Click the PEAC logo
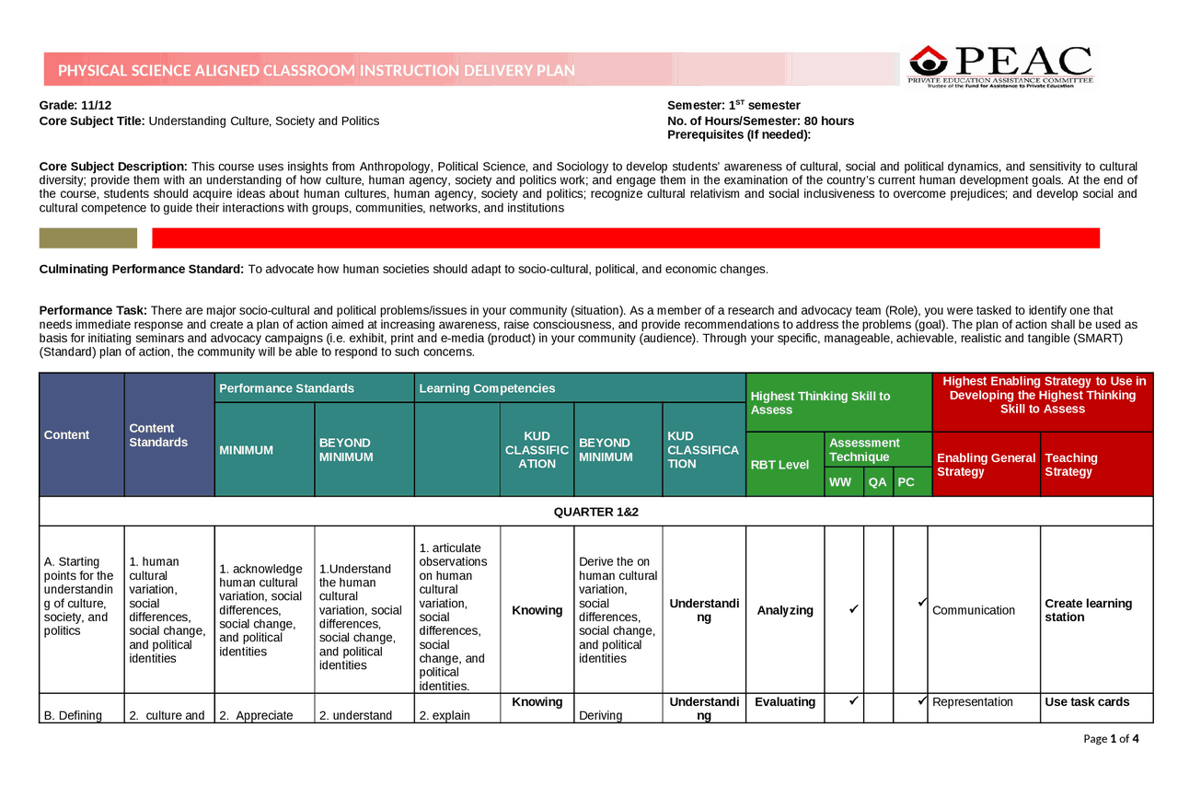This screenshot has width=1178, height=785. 1000,66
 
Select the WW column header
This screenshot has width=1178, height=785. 840,482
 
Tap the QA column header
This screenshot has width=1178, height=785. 878,482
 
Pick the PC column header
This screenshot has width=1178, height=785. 907,482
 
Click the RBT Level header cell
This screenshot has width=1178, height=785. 780,465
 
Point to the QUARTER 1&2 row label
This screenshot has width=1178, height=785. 595,512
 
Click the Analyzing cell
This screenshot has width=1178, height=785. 785,610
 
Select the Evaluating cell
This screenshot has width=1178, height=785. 785,702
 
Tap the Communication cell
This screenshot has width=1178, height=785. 974,610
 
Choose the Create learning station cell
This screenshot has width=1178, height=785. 1089,610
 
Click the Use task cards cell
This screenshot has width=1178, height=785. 1087,702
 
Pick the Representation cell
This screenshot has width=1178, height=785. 972,702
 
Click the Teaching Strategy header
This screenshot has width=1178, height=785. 1071,465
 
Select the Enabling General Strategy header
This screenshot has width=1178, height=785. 986,465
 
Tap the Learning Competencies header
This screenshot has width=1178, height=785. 487,388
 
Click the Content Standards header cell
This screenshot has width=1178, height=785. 158,435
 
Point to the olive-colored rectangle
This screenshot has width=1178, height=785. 88,238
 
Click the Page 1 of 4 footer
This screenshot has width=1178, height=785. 1111,738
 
